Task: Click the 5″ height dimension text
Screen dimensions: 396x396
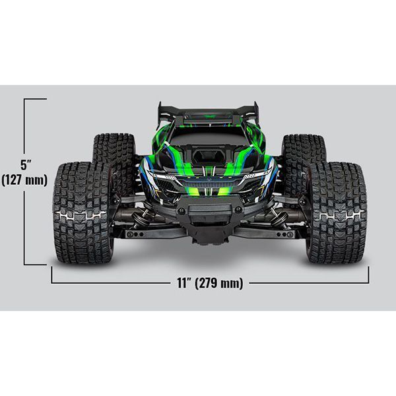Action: point(26,164)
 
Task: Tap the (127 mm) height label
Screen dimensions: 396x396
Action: point(24,180)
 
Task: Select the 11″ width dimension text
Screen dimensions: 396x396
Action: point(183,282)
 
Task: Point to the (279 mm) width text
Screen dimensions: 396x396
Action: point(219,283)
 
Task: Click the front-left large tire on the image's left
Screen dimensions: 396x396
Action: point(83,213)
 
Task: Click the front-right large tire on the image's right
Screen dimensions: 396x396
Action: point(337,213)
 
